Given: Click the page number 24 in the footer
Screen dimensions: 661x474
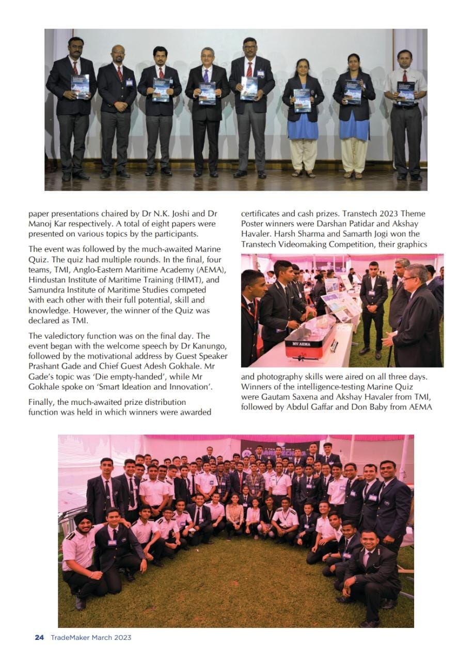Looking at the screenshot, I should tap(39, 637).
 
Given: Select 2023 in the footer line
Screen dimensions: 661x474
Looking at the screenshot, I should tap(122, 637).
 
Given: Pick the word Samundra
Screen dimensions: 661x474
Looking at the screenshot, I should tap(46, 290).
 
